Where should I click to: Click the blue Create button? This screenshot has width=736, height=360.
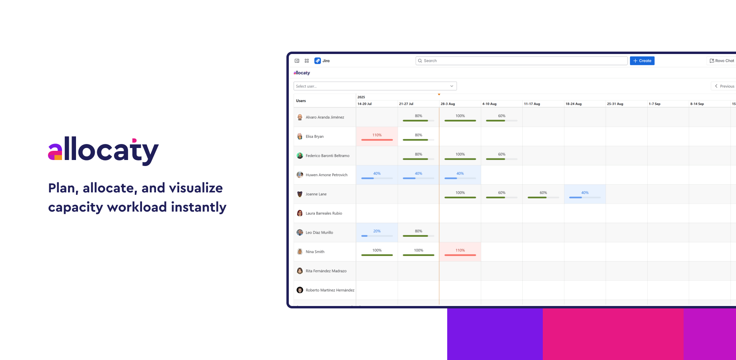point(642,61)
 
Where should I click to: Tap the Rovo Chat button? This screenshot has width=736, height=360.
point(722,61)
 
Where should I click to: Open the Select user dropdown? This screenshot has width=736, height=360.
point(375,86)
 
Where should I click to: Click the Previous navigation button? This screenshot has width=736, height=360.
point(724,86)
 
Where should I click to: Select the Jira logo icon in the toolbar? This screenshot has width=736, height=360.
point(318,61)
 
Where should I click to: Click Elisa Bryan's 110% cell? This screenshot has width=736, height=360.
point(377,136)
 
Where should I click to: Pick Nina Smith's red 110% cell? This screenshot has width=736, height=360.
point(460,252)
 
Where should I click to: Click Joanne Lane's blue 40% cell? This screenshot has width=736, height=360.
point(585,194)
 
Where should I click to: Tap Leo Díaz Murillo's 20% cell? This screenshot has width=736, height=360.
point(377,232)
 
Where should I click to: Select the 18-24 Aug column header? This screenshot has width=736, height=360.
point(574,104)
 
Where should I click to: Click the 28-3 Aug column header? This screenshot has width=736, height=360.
point(448,104)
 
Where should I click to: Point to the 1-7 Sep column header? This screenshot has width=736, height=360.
point(654,104)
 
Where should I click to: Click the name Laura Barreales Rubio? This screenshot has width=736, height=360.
point(324,213)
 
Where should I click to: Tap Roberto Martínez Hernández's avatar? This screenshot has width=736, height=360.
point(300,290)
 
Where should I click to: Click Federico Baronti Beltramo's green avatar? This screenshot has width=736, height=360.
point(300,156)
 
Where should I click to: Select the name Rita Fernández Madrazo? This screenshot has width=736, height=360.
point(326,271)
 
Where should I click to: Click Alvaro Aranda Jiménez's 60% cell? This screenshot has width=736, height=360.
point(502,117)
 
